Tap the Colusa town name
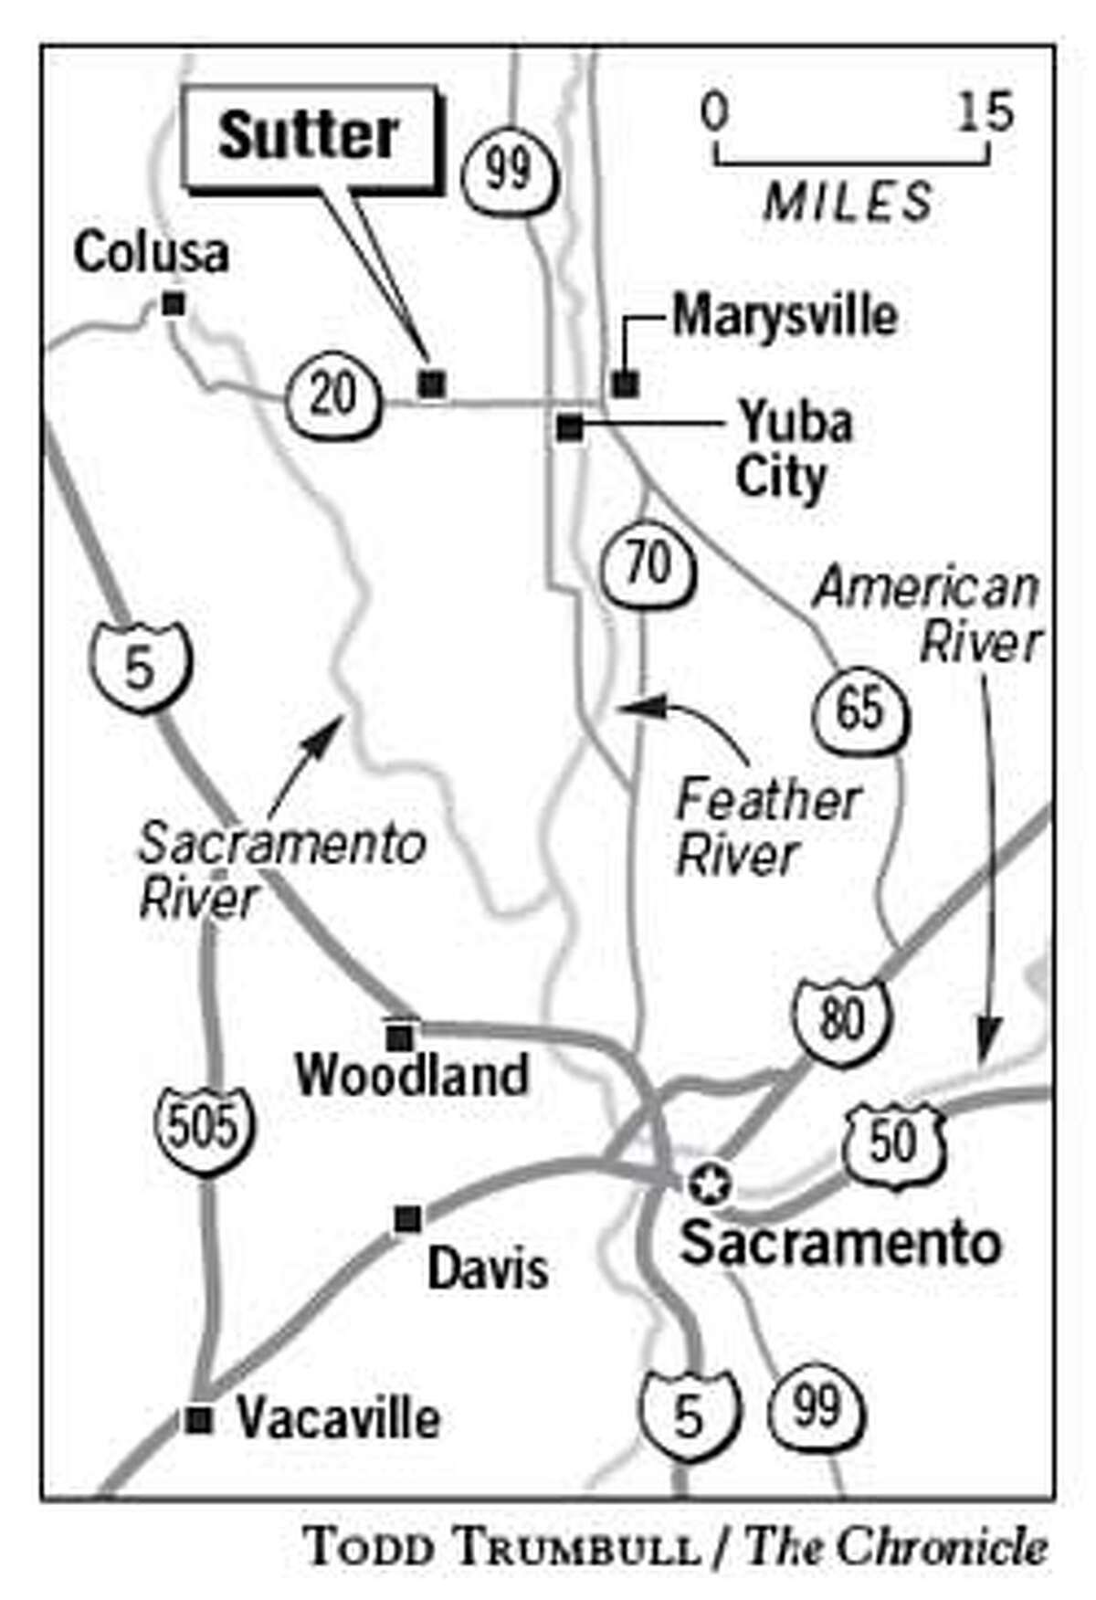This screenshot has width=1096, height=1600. click(151, 253)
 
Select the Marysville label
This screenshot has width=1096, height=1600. click(785, 317)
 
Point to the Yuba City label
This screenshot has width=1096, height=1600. click(792, 450)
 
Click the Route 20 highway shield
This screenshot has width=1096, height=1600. click(332, 395)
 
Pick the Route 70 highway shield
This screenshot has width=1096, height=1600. click(648, 565)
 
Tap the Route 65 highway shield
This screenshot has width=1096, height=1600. click(860, 708)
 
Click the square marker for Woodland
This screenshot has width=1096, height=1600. click(399, 1037)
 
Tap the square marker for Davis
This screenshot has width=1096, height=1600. click(407, 1218)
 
